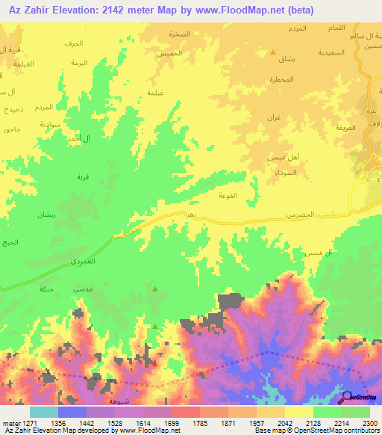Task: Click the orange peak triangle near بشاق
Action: click(272, 52)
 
